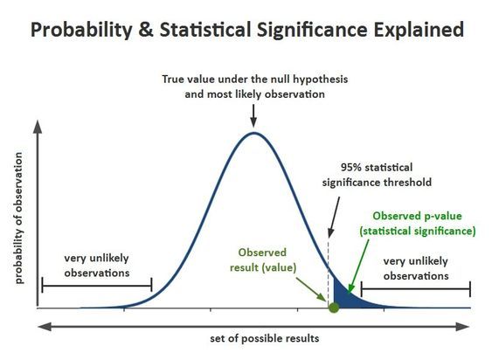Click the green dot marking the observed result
tap(333, 307)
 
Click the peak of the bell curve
tap(253, 134)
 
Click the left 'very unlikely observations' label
tap(96, 266)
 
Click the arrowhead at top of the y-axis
tap(37, 127)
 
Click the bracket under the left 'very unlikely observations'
tap(96, 286)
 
